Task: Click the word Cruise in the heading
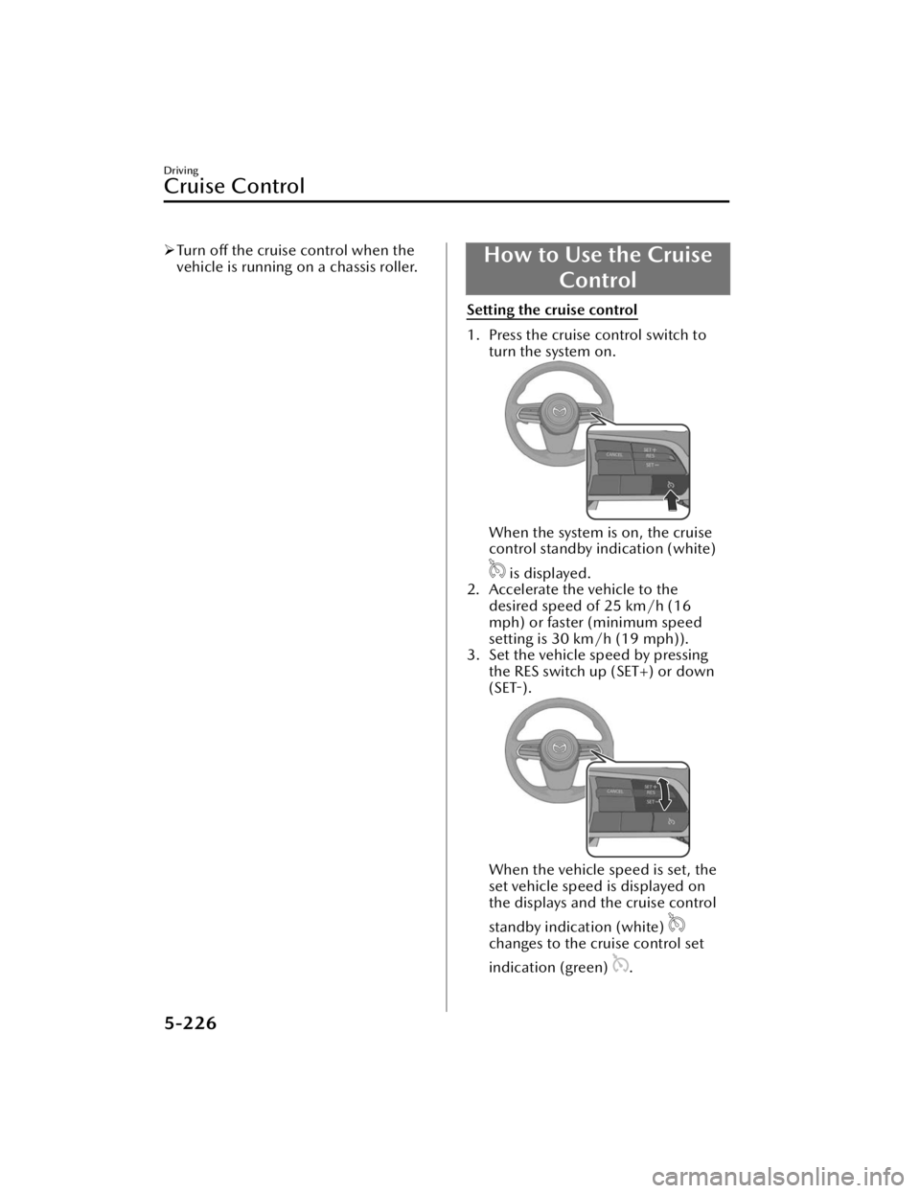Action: point(677,256)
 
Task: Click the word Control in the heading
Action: point(598,281)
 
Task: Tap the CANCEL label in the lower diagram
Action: point(614,792)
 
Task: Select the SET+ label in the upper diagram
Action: point(650,449)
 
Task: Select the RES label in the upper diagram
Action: point(650,456)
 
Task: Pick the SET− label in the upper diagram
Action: point(651,465)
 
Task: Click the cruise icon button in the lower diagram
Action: point(671,822)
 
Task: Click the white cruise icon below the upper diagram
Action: point(496,569)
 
